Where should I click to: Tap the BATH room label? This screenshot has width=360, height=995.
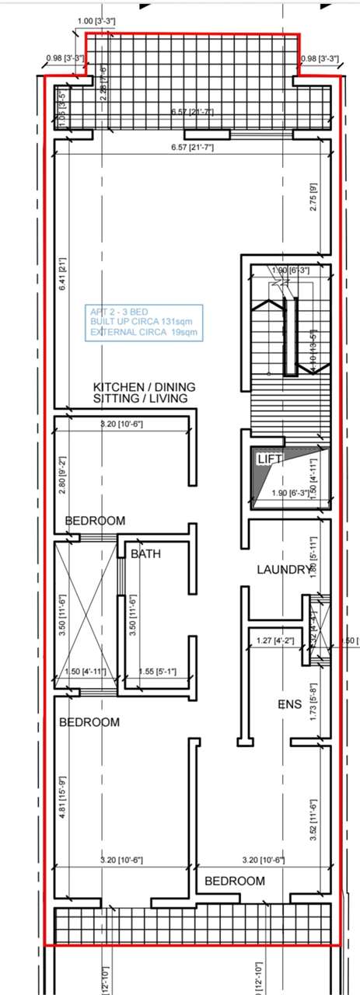145,554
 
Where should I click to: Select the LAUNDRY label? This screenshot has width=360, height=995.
283,570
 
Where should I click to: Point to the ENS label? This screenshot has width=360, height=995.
288,705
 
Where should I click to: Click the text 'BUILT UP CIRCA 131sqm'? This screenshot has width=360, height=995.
140,321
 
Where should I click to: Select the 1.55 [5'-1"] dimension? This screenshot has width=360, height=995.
157,672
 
